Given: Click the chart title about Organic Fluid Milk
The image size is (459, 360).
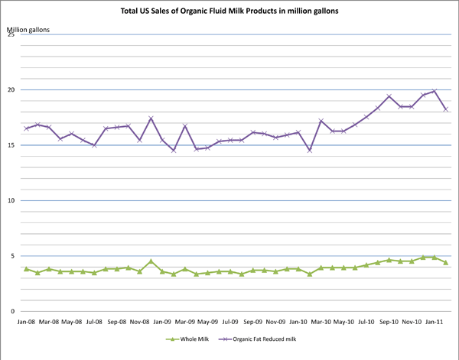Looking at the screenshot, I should point(230,11).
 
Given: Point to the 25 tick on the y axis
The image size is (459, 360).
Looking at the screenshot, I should point(11,35).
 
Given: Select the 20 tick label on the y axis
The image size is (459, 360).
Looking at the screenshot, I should point(11,90).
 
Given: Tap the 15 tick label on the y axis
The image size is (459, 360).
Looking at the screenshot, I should point(11,145).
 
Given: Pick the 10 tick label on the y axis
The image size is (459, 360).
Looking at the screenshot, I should point(11,201).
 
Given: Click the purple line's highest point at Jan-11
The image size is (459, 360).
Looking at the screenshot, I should point(435,92).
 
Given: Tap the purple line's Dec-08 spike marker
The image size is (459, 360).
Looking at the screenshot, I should point(151,118).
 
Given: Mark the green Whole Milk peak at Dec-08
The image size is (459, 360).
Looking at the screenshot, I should point(151,261).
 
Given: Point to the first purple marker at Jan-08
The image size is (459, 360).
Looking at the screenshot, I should point(27,128).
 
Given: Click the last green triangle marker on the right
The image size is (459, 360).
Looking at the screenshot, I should point(445,262).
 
